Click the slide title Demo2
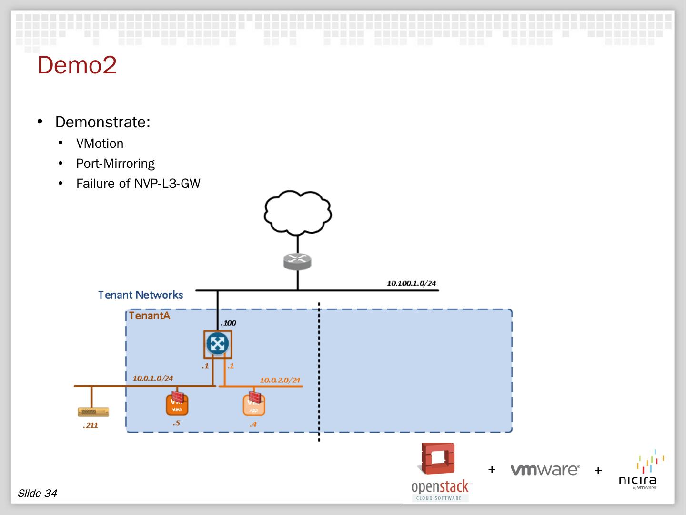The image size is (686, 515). (x=77, y=65)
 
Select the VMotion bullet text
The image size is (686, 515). (x=100, y=144)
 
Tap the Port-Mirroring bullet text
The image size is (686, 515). (x=115, y=164)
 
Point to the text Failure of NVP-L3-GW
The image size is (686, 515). (x=138, y=184)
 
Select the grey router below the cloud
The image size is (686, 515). (x=298, y=261)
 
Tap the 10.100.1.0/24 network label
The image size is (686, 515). (x=411, y=283)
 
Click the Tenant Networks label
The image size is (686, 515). (x=141, y=295)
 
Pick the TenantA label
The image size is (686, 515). (x=150, y=316)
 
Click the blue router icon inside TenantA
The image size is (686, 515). (x=218, y=344)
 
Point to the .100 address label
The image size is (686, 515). (x=228, y=323)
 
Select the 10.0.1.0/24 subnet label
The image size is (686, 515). (x=152, y=378)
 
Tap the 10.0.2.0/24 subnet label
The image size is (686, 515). (x=280, y=380)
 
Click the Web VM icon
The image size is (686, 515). (x=177, y=404)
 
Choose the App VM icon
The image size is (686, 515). (x=253, y=405)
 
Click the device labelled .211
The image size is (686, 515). (x=93, y=412)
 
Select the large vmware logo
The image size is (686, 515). (x=545, y=470)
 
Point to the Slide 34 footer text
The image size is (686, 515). (x=37, y=493)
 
